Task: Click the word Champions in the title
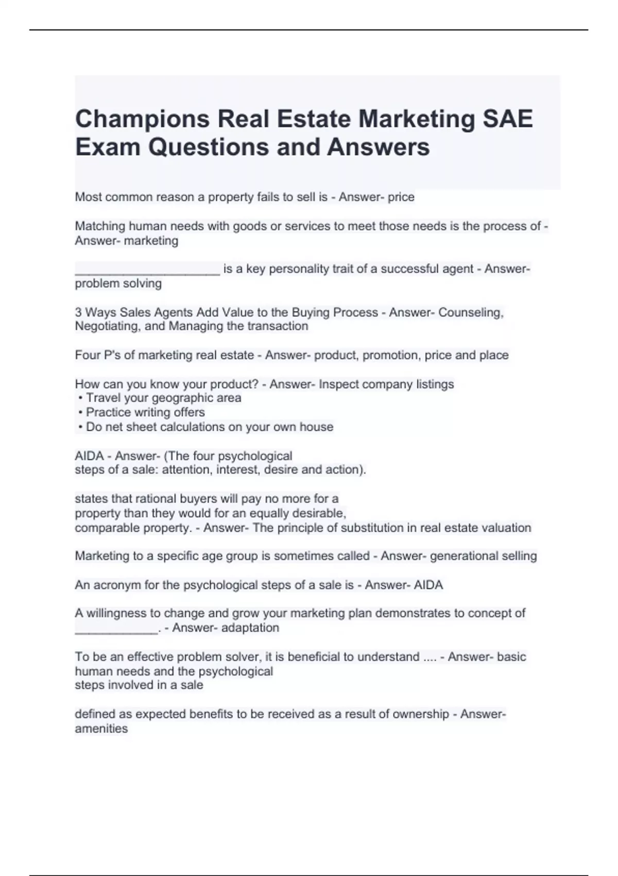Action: (x=142, y=119)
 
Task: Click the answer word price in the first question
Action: (x=401, y=197)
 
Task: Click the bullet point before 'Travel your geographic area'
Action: (x=80, y=398)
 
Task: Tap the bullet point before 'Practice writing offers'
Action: (x=80, y=413)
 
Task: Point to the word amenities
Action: (x=101, y=729)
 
